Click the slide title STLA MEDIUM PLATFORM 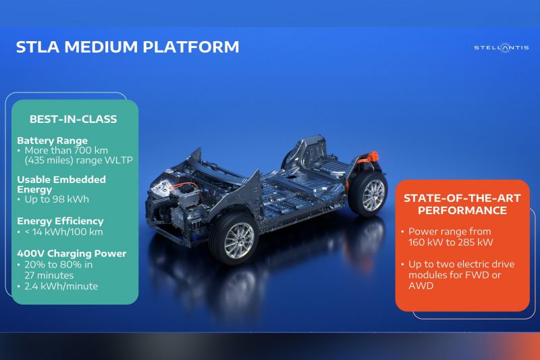128,47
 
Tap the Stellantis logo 502,47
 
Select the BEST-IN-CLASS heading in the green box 74,119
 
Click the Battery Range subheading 52,140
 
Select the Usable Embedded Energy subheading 61,184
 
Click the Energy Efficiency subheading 60,221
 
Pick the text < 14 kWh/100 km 63,232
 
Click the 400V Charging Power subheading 72,253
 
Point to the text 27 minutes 49,276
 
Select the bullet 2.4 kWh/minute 61,286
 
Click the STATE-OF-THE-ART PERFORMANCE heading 462,204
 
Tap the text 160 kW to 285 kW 451,242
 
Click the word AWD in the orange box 421,286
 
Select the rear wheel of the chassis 369,194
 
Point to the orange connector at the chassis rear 369,158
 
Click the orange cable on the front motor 182,186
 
